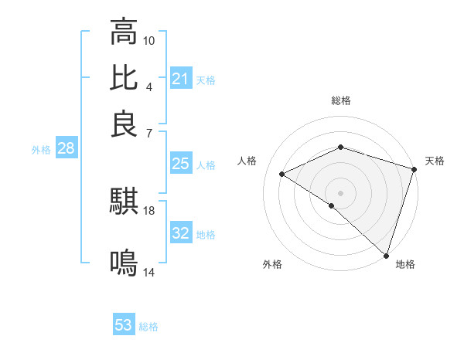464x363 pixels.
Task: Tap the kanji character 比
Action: coord(124,77)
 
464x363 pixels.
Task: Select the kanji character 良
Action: coord(124,123)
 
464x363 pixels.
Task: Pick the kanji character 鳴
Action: coord(124,263)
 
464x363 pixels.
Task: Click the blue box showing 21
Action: coord(180,79)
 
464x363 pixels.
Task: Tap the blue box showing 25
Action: coord(180,164)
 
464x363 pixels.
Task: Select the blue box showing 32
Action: coord(180,234)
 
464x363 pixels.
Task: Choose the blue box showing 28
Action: coord(66,149)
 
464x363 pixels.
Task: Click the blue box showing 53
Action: coord(124,325)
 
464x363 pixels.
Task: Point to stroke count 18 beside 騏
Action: coord(149,210)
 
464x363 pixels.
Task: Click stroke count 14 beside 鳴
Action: coord(149,272)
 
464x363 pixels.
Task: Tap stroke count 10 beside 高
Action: coord(149,40)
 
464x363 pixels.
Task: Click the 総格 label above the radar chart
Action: coord(341,100)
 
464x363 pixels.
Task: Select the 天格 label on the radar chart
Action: coord(435,161)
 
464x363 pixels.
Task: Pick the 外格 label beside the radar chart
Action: coord(272,264)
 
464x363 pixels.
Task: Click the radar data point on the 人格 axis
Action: coord(282,174)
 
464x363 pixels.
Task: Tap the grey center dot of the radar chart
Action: coord(341,192)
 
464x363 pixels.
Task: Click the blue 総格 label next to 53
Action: coord(148,326)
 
